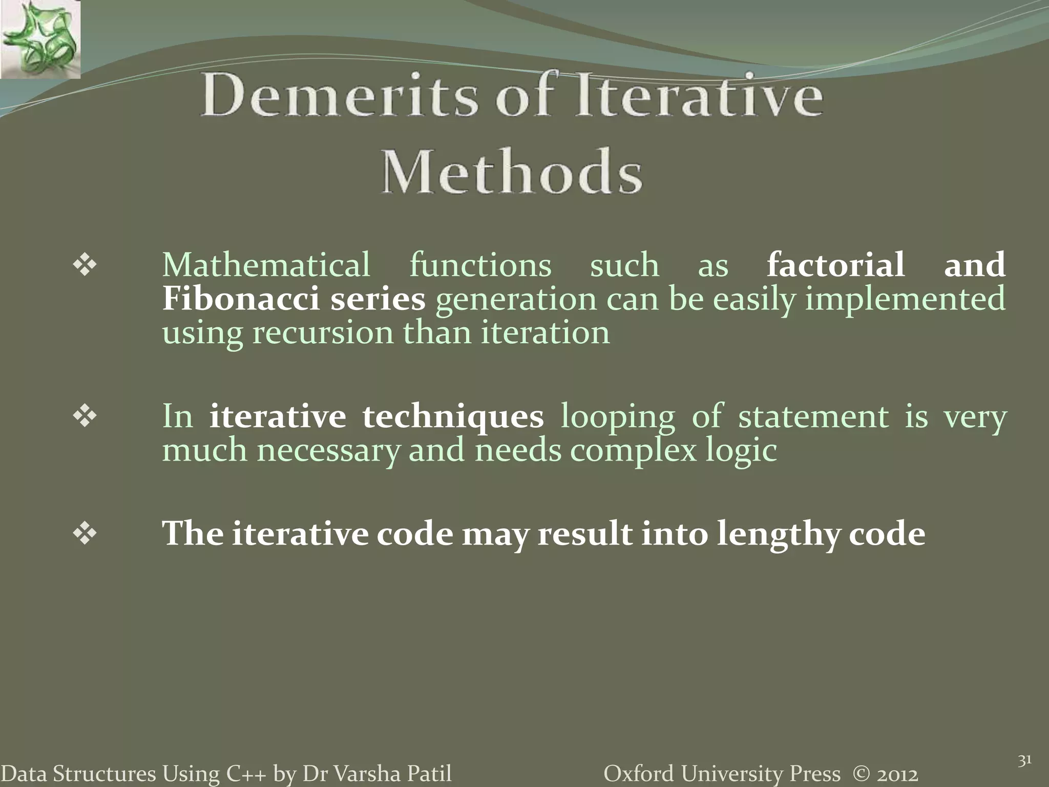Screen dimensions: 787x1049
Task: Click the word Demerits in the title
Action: click(339, 96)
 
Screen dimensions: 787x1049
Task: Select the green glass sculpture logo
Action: click(40, 39)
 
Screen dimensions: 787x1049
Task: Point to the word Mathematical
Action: click(266, 265)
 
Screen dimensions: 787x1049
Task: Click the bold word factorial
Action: click(835, 265)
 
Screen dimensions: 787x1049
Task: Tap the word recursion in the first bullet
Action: click(322, 333)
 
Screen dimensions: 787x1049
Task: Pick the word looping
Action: click(617, 417)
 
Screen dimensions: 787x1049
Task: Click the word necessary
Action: click(328, 450)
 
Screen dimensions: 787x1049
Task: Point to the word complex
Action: click(633, 451)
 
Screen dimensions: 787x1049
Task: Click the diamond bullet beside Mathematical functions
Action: click(85, 265)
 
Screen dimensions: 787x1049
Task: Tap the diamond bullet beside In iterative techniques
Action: click(85, 416)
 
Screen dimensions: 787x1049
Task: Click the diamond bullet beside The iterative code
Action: click(85, 534)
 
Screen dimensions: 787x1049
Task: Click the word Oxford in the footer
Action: click(639, 774)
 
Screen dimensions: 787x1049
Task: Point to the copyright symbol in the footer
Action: click(862, 774)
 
